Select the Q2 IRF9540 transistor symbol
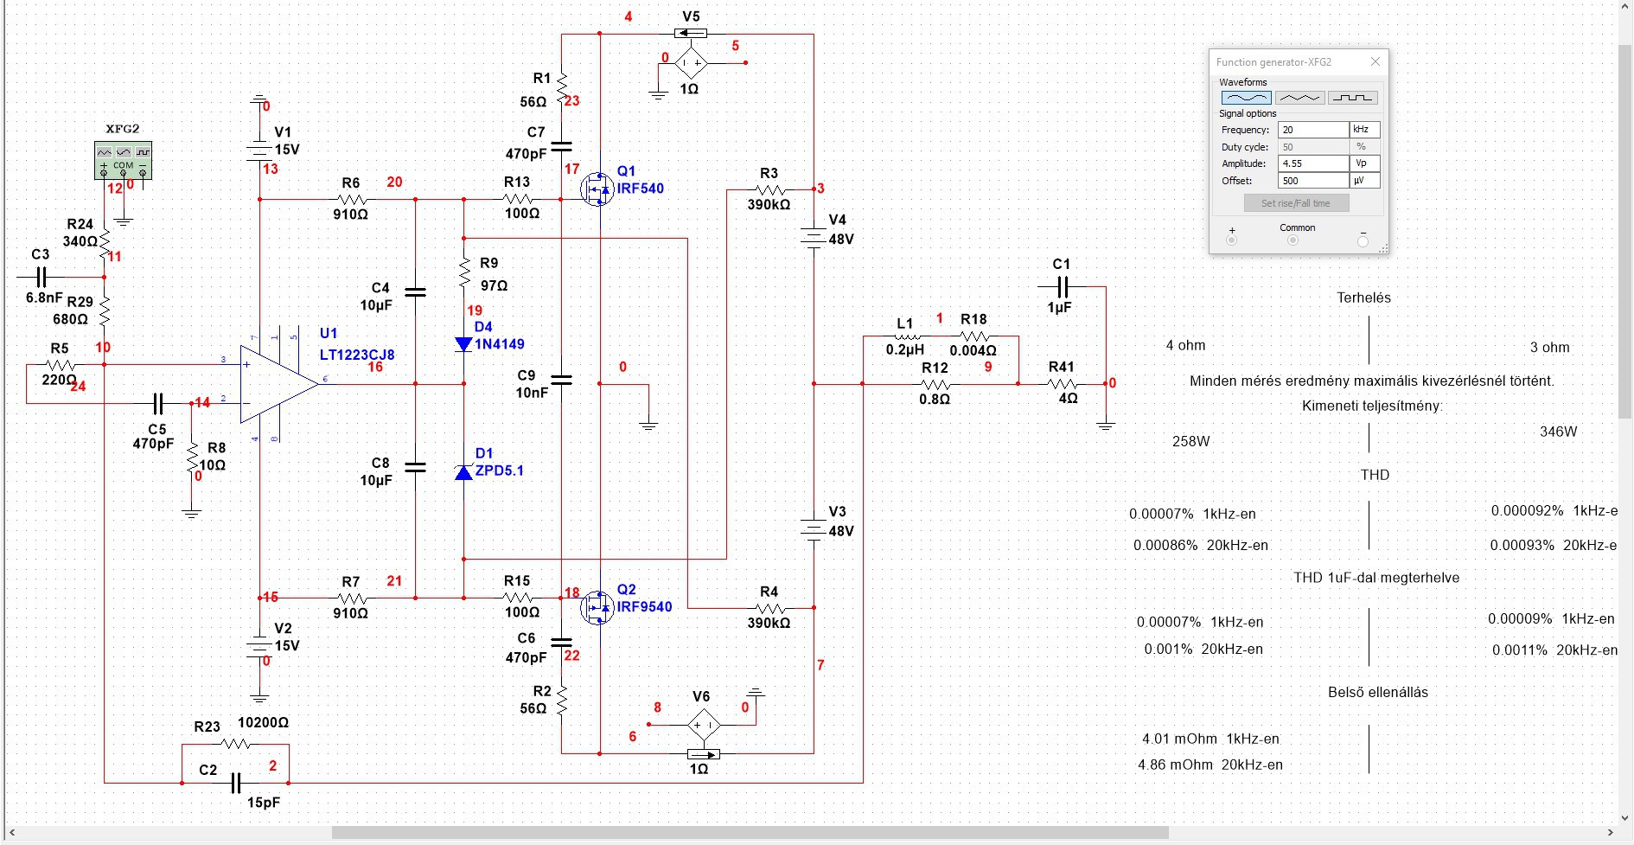click(597, 607)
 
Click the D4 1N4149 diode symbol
click(464, 344)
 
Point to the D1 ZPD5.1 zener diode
click(464, 471)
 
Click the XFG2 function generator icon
click(123, 161)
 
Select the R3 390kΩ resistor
click(769, 189)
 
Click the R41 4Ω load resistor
click(1062, 383)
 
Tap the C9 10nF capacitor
click(561, 380)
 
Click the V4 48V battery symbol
click(814, 237)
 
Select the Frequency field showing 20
click(1312, 130)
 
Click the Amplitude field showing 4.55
click(1312, 163)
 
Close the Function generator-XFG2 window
click(1375, 61)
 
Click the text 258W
click(1191, 441)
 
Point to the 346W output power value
click(1559, 432)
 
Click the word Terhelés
click(1364, 298)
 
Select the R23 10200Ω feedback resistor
click(235, 744)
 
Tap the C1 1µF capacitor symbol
click(1063, 286)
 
